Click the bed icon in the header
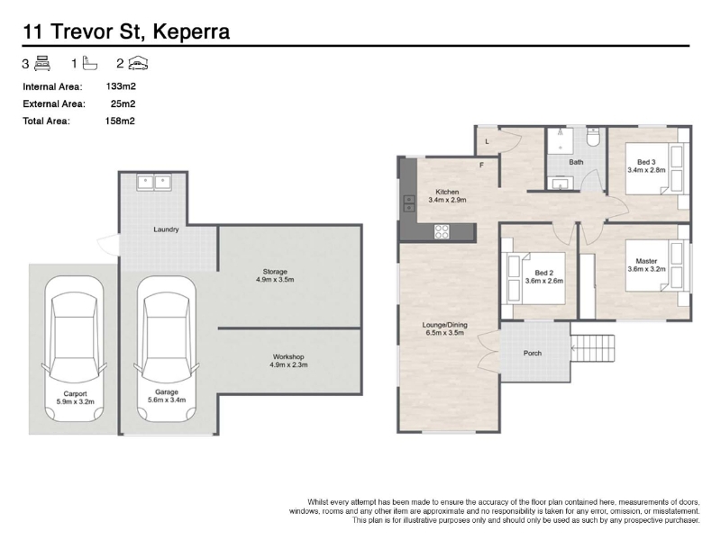coord(42,63)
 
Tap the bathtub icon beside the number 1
coord(89,63)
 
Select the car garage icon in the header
coord(138,63)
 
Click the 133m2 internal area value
coord(121,86)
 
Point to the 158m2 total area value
coord(120,121)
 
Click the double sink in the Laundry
coord(154,183)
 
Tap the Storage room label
coord(275,272)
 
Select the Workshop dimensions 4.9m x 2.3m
coord(288,365)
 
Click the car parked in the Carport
coord(75,349)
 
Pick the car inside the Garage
coord(167,349)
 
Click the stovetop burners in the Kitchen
coord(442,231)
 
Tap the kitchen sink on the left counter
coord(409,203)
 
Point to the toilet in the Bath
coord(594,137)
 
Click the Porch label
coord(533,353)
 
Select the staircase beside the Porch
coord(593,348)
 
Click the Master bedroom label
coord(646,261)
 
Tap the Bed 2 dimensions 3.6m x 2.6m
coord(544,281)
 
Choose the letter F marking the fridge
coord(482,165)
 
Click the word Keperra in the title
coord(191,31)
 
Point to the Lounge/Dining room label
coord(444,325)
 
